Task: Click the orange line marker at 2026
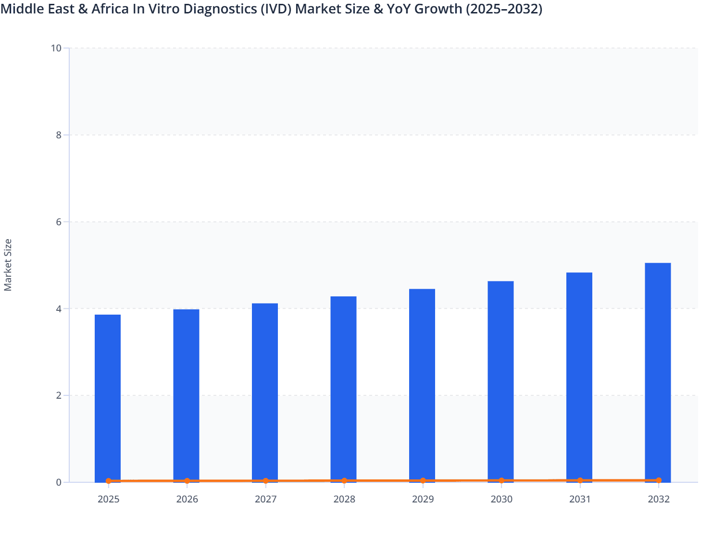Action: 187,481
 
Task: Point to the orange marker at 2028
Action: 344,481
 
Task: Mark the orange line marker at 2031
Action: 580,480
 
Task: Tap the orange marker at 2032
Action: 659,480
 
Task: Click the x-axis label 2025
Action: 108,500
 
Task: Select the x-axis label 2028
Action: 344,500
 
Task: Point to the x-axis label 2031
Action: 580,500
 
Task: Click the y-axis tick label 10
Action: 56,48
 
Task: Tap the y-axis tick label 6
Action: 59,222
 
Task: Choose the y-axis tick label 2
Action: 59,396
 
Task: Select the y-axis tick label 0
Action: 59,482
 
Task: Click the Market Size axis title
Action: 8,265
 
